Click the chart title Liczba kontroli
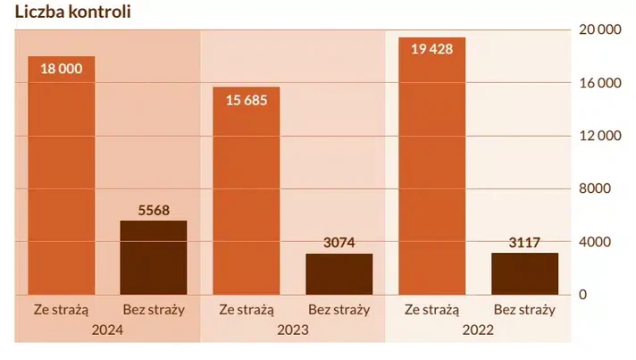[67, 13]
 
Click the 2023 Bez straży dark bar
[339, 273]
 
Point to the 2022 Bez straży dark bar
[525, 273]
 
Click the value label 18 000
[61, 69]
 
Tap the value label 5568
[154, 209]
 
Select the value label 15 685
[247, 100]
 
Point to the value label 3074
[339, 242]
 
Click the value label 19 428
[432, 49]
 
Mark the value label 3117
[525, 241]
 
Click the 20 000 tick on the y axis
[599, 30]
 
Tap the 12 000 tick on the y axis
[599, 136]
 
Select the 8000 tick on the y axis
[596, 188]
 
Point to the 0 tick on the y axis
[582, 295]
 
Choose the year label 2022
[479, 330]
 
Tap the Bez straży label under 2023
[339, 310]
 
